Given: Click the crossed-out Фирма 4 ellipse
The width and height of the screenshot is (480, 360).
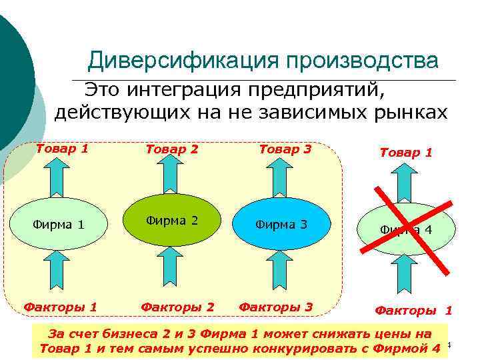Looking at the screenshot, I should [x=407, y=230].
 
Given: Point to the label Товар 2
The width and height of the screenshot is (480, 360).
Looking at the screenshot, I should [x=172, y=149].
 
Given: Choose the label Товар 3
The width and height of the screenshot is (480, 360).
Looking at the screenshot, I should [x=285, y=149].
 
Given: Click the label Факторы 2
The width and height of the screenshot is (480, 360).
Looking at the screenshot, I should [x=177, y=307].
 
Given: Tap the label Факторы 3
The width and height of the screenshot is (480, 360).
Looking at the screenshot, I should [x=275, y=307].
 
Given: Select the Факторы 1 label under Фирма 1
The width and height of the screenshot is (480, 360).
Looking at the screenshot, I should [x=61, y=307].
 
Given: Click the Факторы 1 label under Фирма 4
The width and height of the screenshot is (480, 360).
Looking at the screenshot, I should [x=413, y=310].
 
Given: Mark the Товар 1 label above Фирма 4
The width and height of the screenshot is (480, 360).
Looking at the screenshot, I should [x=406, y=153].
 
